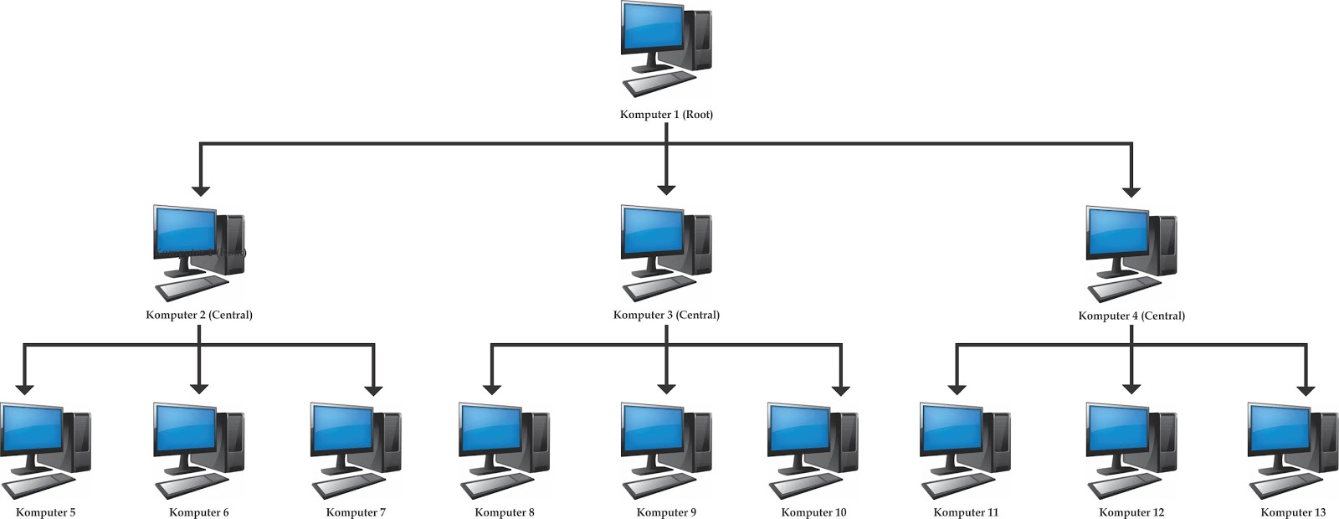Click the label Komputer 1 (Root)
666,115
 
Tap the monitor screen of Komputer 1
651,29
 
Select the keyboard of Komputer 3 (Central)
659,287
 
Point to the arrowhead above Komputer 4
1131,190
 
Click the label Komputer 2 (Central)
199,316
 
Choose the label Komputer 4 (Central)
1131,316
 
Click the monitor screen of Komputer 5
32,429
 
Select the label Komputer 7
356,512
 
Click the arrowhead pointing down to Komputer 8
492,388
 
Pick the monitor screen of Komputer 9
651,429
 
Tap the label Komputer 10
813,512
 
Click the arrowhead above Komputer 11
957,388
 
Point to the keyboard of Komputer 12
1125,485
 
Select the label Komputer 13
1293,512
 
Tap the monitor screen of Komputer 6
185,429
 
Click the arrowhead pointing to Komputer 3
666,189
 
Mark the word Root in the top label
698,115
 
